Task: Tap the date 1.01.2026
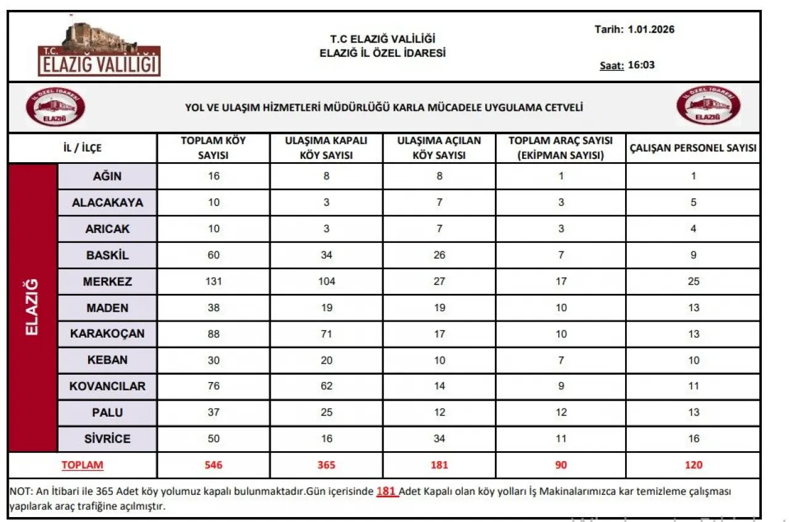(651, 29)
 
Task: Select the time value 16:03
(641, 65)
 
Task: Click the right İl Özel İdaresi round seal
(708, 106)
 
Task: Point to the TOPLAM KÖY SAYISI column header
(213, 148)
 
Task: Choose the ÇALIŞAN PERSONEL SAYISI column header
(693, 148)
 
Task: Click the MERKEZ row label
(107, 282)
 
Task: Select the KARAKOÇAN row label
(107, 333)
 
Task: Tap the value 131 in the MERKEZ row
(213, 282)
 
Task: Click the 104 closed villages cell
(327, 282)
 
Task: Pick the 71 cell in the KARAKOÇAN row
(327, 334)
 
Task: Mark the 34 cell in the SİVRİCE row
(439, 439)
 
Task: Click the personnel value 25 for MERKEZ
(693, 282)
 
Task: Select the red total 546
(213, 465)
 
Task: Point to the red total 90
(560, 465)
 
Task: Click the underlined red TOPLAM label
(82, 465)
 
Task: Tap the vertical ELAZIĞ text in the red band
(33, 307)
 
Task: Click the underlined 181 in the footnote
(387, 492)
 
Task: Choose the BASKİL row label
(107, 255)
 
